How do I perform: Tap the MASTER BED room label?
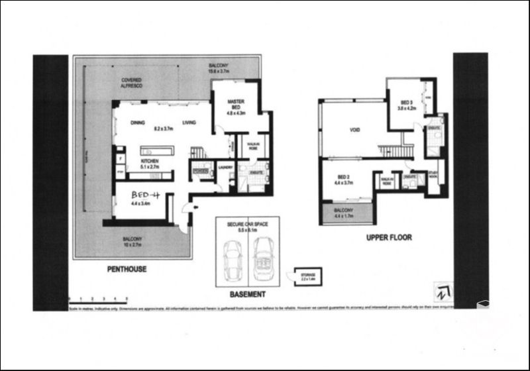click(237, 105)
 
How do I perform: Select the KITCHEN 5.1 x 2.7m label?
click(152, 164)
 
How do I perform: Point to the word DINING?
click(137, 123)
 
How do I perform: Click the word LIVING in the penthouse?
click(189, 123)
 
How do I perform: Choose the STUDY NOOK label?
click(433, 177)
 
